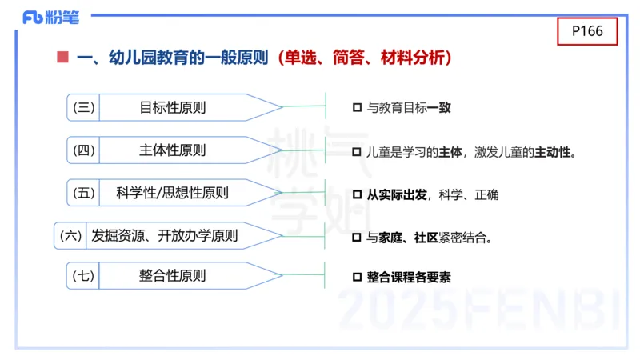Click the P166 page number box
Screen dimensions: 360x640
(586, 31)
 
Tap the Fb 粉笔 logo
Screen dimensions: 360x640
(46, 17)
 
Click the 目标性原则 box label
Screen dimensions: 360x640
(172, 107)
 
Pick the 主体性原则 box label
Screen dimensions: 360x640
(172, 150)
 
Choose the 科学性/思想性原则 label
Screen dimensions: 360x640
(172, 193)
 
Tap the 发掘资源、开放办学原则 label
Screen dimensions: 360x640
(165, 235)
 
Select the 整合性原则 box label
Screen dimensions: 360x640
(172, 276)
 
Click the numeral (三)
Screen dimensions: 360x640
(84, 107)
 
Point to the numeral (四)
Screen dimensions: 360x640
(84, 150)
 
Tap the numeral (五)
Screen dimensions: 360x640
(84, 193)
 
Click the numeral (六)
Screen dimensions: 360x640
(71, 235)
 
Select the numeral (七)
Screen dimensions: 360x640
(84, 276)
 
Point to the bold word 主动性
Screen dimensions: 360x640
(554, 151)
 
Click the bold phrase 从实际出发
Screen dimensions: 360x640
(397, 194)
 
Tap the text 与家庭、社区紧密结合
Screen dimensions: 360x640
(429, 238)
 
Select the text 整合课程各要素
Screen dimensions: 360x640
(409, 278)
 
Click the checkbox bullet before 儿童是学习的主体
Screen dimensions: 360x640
(357, 151)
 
